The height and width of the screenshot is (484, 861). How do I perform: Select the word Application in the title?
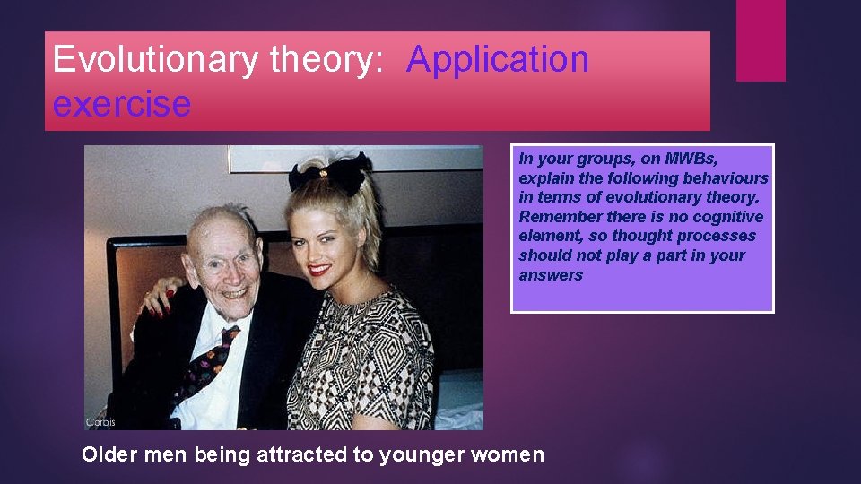(498, 60)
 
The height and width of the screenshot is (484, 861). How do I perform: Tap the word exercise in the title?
(122, 103)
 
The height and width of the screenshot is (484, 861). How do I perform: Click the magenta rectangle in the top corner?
(761, 40)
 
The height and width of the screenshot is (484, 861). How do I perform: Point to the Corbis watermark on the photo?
(100, 422)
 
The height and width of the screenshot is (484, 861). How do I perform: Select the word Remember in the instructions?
(556, 217)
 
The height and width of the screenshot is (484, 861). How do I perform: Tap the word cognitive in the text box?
(726, 217)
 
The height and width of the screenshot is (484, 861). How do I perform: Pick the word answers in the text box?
(551, 275)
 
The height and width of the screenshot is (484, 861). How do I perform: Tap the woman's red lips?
(319, 269)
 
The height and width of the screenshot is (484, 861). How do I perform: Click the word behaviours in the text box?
(726, 178)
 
